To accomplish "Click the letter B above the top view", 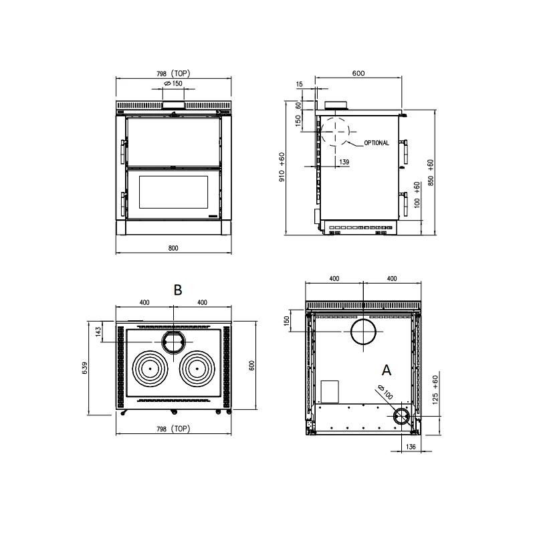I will (x=178, y=290).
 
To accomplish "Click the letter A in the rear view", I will (x=387, y=369).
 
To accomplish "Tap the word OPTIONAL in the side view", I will (x=377, y=143).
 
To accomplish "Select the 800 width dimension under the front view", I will (x=173, y=248).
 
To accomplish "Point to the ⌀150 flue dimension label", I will (x=173, y=84).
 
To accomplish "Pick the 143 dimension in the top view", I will (x=98, y=332).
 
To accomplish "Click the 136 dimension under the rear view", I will (x=411, y=447).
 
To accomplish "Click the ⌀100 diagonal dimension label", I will (x=385, y=393).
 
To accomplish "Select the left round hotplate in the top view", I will (x=150, y=368).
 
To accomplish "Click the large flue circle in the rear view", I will (x=363, y=332).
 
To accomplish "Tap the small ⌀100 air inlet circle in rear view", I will (x=402, y=417).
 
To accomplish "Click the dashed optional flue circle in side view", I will (x=336, y=131).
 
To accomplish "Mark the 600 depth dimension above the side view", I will (x=358, y=74).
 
